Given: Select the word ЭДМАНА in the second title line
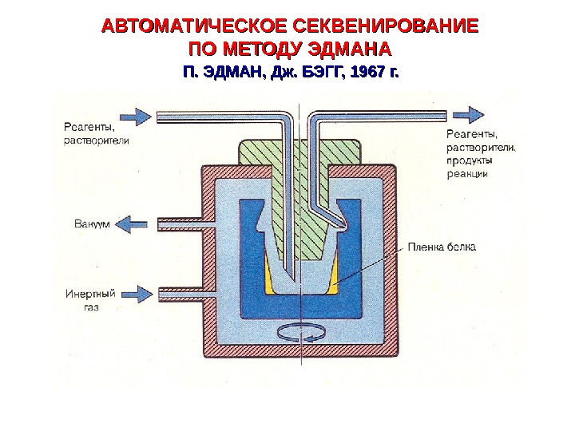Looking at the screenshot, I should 347,49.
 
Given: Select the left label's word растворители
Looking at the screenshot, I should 96,139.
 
